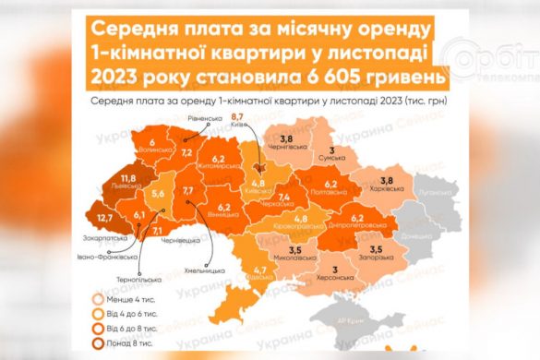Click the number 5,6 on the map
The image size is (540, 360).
[x=157, y=194]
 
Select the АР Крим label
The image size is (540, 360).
[x=347, y=320]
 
